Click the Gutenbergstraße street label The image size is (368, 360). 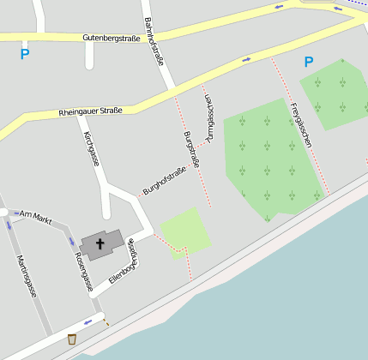111,38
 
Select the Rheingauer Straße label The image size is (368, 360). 90,111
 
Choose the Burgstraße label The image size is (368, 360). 192,149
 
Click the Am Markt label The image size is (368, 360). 36,217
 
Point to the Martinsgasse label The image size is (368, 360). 27,276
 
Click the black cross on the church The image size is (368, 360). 100,244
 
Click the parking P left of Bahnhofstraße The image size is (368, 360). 25,54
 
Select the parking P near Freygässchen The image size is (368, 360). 308,62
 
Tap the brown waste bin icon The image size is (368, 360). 72,339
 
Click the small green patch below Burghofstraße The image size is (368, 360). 185,231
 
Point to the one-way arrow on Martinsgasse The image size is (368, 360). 9,225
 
